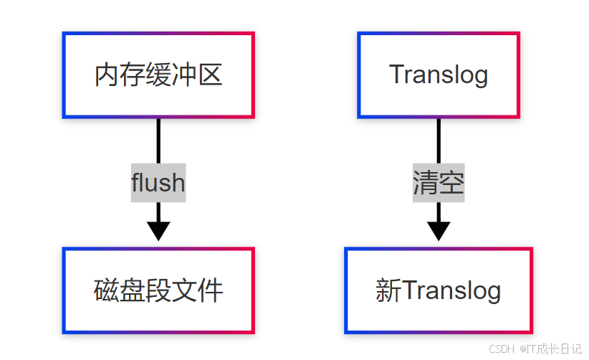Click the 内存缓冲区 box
click(158, 75)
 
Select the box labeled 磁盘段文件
click(158, 290)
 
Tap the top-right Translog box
click(439, 75)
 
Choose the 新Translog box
click(439, 290)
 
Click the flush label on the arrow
click(158, 183)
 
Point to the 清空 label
click(439, 184)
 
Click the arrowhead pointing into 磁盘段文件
click(158, 231)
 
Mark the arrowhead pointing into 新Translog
click(439, 231)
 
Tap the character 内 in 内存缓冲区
click(107, 75)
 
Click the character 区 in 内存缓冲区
click(210, 75)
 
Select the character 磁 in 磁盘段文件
click(107, 291)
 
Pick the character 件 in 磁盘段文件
click(211, 291)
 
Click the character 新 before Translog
click(388, 291)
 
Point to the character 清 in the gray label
click(426, 184)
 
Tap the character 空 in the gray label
click(451, 184)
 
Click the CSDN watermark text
click(502, 349)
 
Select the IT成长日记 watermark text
click(552, 349)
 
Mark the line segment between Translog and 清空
click(439, 141)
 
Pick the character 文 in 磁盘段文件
click(185, 291)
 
